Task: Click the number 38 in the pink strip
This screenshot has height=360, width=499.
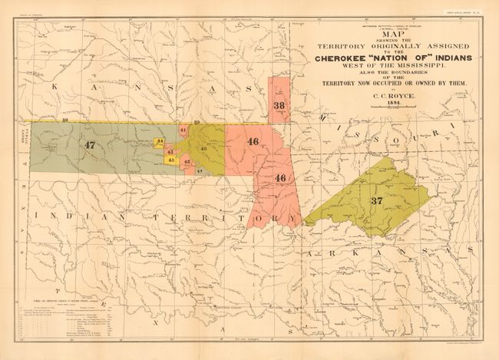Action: [279, 105]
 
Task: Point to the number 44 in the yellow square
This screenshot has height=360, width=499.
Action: [160, 142]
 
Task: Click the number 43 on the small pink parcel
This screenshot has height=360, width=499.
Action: [170, 152]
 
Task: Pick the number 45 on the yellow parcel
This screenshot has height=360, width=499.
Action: [170, 160]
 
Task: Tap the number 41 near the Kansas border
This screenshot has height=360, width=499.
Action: [183, 130]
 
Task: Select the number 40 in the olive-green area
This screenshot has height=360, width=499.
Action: [203, 147]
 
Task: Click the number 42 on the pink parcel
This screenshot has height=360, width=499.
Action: [187, 162]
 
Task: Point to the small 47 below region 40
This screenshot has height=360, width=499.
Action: [199, 171]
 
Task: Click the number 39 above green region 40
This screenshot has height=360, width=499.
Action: [197, 123]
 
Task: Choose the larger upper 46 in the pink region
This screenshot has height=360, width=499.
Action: [253, 141]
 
